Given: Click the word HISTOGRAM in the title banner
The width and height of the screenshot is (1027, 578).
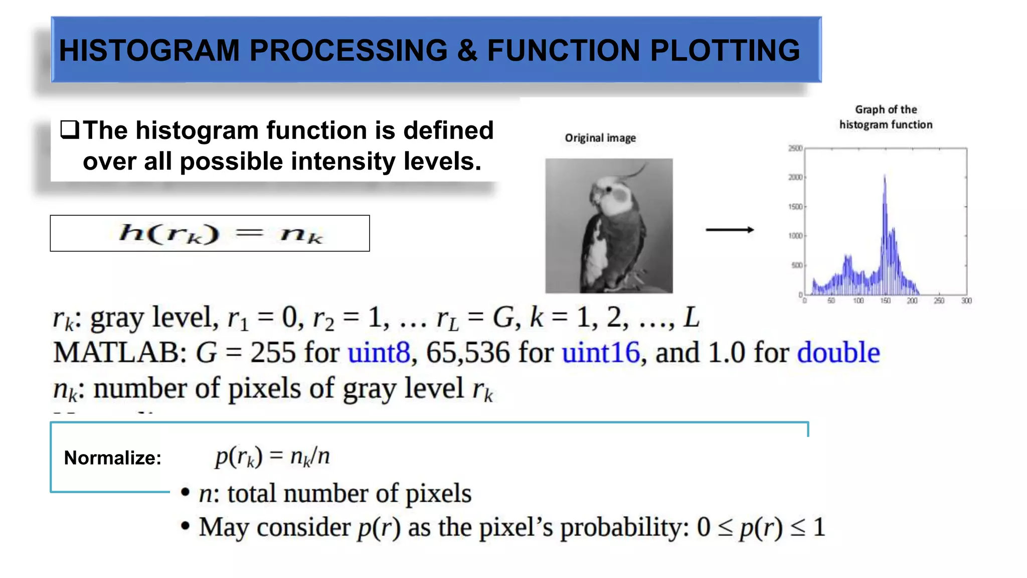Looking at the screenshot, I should click(x=149, y=51).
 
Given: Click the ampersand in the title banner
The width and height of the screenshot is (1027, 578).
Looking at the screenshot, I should click(x=467, y=51).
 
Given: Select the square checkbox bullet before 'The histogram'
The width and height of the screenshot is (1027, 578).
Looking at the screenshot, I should click(x=70, y=130).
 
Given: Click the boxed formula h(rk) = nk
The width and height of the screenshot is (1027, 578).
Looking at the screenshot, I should click(x=210, y=233).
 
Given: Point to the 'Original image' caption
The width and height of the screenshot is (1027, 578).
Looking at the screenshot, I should click(x=600, y=138).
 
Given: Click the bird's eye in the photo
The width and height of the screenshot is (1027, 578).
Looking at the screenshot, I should click(x=609, y=189).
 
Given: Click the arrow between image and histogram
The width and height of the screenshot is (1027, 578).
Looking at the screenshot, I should click(x=730, y=230).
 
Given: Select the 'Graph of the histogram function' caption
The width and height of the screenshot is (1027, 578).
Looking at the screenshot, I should click(x=886, y=117).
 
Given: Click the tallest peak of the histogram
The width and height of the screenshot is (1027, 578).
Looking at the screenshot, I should click(x=885, y=177).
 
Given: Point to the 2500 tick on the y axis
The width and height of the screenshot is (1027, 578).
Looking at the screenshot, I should click(x=795, y=148).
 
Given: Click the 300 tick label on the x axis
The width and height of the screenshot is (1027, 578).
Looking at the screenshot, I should click(x=966, y=301).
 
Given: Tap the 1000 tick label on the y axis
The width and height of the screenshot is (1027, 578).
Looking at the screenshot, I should click(x=795, y=236).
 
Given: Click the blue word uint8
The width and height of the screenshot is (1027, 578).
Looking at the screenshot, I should click(x=379, y=353).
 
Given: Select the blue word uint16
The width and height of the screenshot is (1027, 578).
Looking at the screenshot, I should click(x=601, y=353).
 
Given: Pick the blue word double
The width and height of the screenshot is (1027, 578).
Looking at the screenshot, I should click(x=838, y=353).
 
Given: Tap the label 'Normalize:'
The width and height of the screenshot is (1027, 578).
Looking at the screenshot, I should click(x=112, y=458).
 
